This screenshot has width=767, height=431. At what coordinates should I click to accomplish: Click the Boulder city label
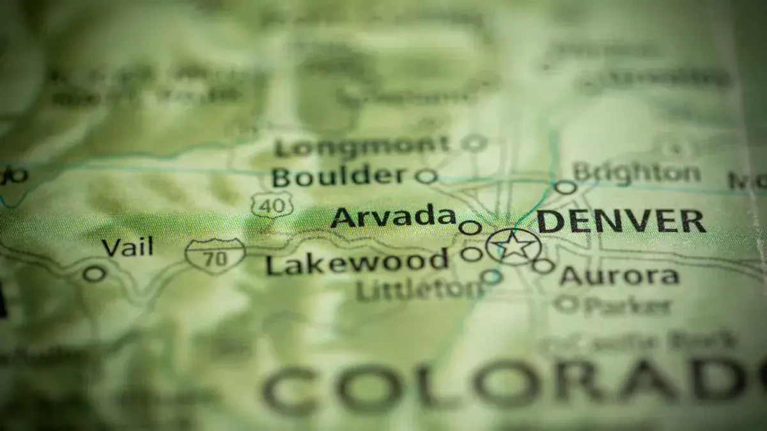tap(339, 176)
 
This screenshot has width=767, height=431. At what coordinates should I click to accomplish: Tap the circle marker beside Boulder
tap(426, 176)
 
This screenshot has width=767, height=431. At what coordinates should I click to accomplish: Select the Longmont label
tap(362, 147)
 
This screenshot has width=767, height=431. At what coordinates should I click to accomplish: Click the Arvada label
tap(393, 217)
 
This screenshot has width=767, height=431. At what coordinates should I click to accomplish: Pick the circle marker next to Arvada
tap(470, 227)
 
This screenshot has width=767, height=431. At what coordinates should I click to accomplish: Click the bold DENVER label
tap(621, 222)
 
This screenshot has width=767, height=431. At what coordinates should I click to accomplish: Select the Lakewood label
tap(357, 262)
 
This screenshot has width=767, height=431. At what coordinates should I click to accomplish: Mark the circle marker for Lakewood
tap(471, 254)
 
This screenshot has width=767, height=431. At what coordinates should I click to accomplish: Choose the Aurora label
tap(619, 276)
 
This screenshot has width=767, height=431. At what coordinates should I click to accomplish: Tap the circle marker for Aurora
tap(543, 266)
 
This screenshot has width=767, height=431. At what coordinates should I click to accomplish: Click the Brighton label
tap(636, 172)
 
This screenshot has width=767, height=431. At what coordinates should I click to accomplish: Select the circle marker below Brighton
tap(565, 187)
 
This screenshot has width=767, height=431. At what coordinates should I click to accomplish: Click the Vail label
tap(128, 247)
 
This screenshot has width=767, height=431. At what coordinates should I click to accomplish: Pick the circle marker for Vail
tap(95, 274)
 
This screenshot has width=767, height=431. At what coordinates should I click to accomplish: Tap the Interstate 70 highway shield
tap(215, 255)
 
